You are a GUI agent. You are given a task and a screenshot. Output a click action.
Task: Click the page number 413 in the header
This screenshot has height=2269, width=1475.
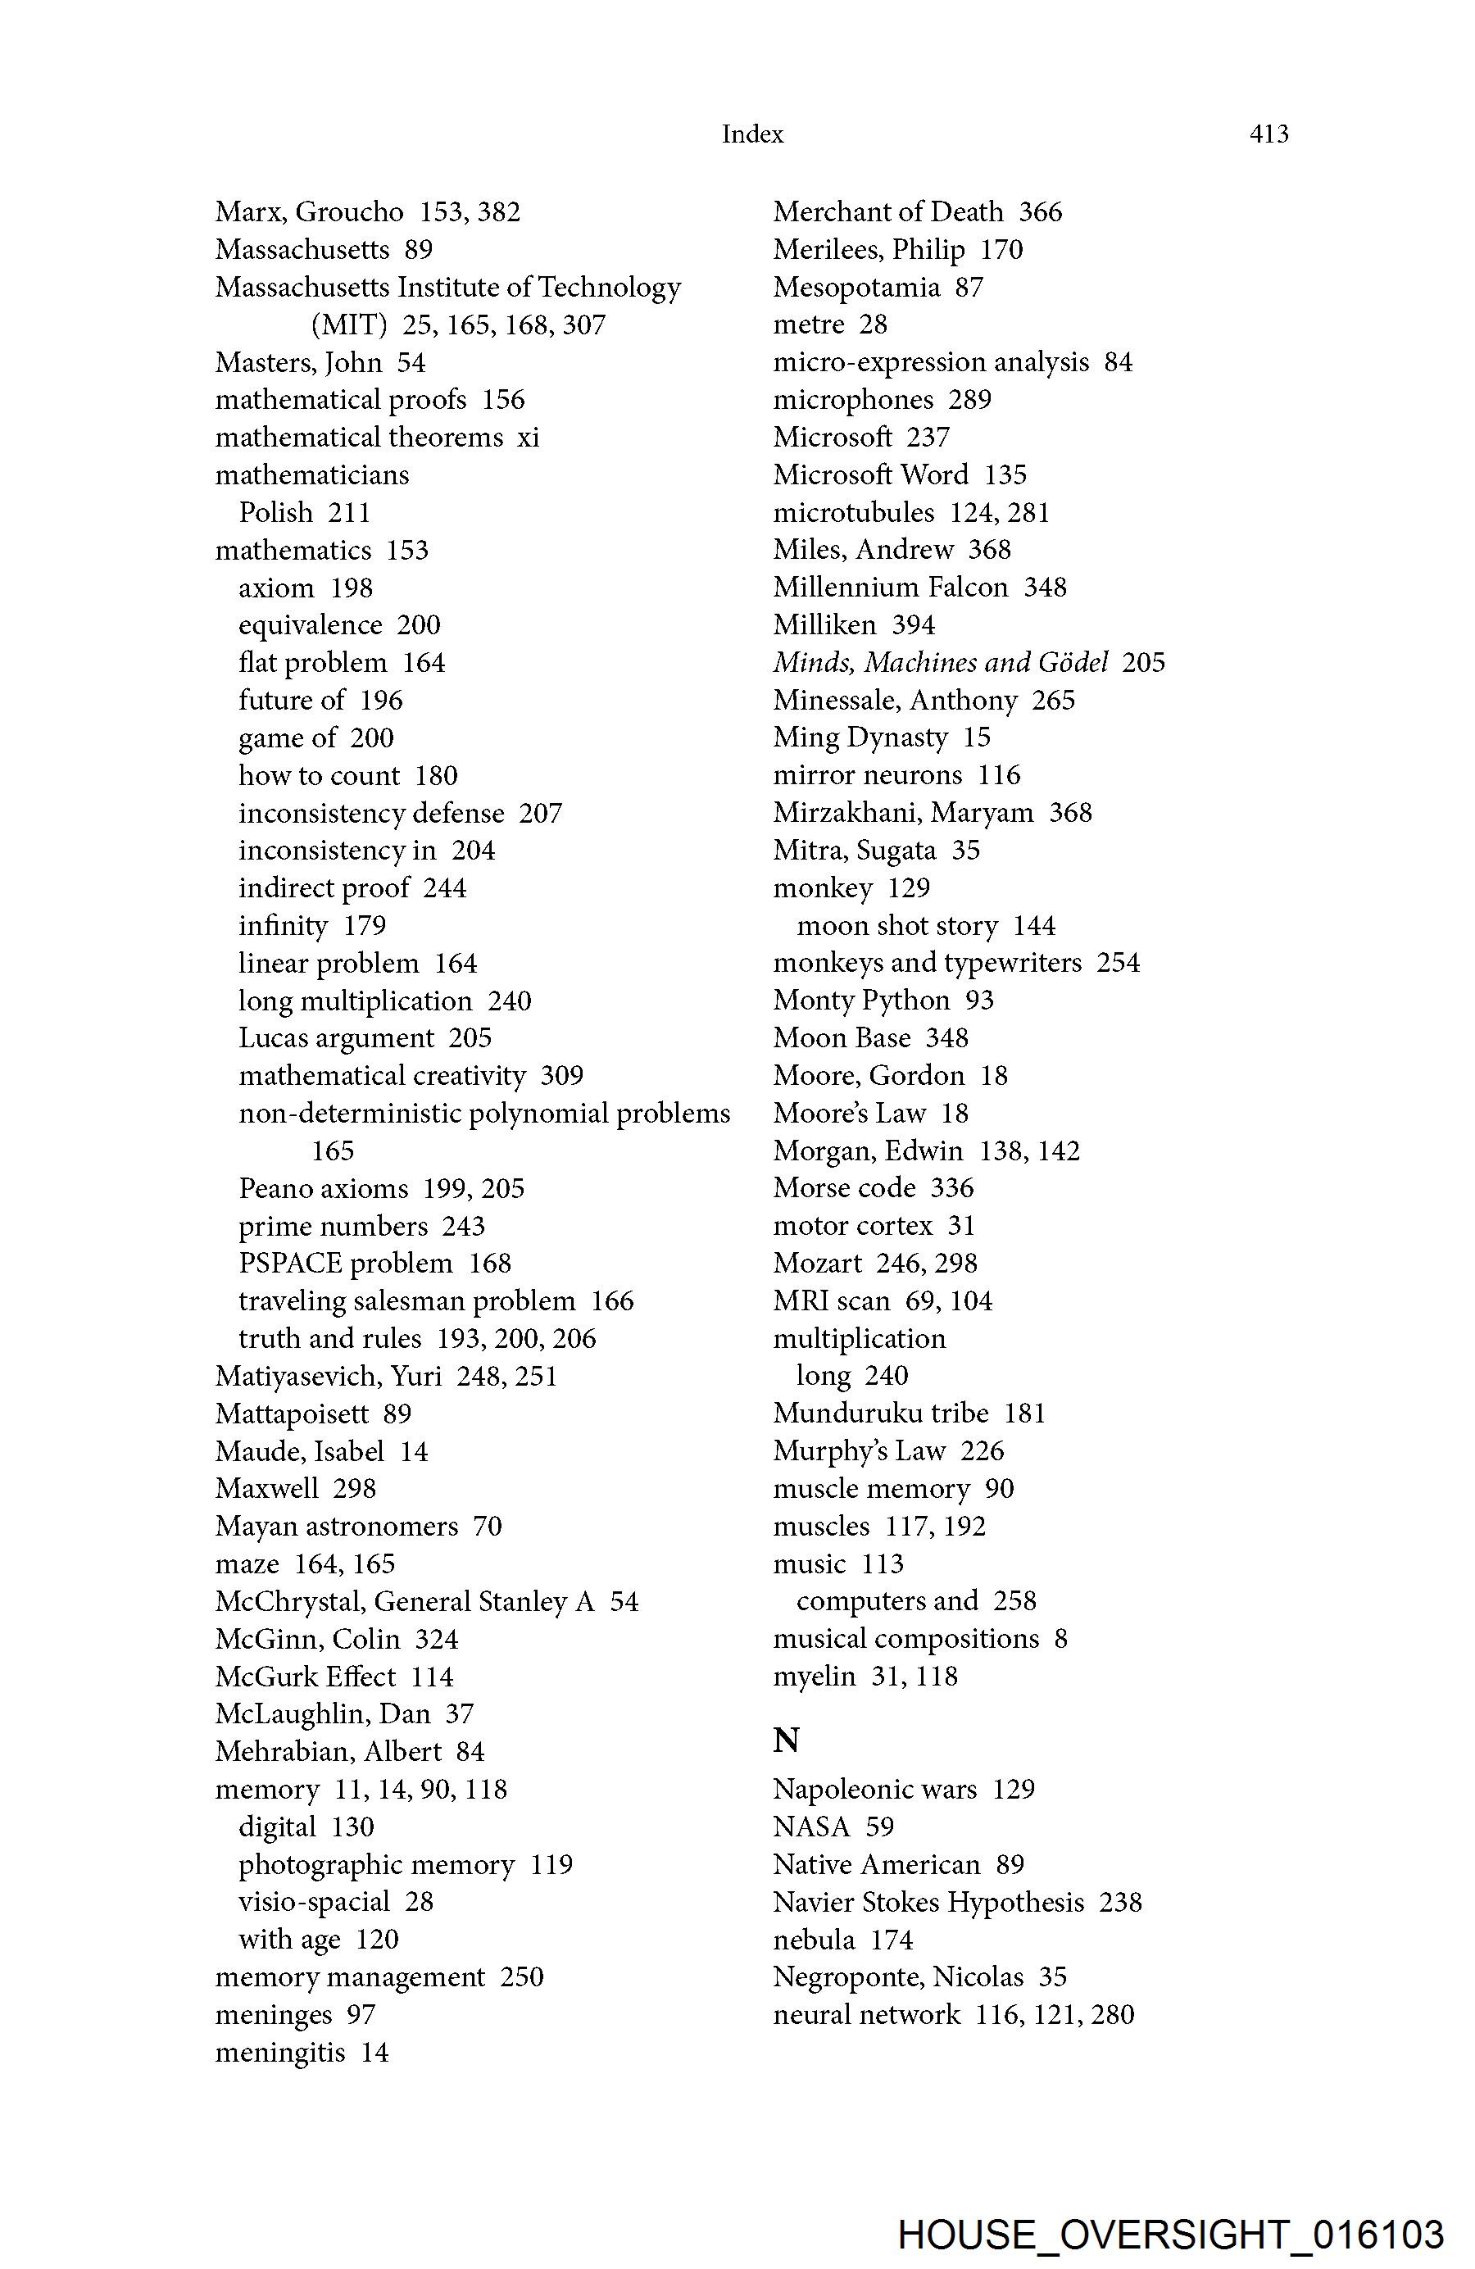click(1268, 134)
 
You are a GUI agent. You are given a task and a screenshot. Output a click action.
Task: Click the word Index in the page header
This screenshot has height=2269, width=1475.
click(752, 134)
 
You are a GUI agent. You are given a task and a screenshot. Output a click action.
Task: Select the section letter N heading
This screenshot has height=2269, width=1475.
click(786, 1740)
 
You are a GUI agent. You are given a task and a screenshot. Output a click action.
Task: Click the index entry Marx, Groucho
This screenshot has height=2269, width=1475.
click(309, 211)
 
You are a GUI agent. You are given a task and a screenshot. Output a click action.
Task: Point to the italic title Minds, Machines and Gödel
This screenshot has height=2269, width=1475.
click(940, 663)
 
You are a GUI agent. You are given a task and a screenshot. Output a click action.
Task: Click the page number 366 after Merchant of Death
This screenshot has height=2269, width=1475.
click(1040, 211)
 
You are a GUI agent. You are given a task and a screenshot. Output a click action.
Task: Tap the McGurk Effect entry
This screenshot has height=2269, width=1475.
click(305, 1677)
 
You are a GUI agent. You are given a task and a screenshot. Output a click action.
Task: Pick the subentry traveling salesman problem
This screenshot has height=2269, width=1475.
click(407, 1301)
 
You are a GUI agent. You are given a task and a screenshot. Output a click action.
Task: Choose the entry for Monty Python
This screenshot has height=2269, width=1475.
click(861, 1000)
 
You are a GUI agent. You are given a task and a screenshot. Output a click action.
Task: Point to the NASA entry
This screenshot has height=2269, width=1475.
click(810, 1827)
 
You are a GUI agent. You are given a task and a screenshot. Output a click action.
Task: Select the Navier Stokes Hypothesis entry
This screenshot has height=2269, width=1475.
click(928, 1902)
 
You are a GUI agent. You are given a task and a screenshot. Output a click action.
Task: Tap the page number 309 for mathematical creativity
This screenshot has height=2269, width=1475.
click(561, 1075)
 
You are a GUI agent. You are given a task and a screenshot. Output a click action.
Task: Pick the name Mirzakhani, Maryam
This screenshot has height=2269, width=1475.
click(903, 812)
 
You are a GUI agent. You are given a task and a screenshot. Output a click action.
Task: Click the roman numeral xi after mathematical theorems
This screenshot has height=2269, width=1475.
click(529, 438)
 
